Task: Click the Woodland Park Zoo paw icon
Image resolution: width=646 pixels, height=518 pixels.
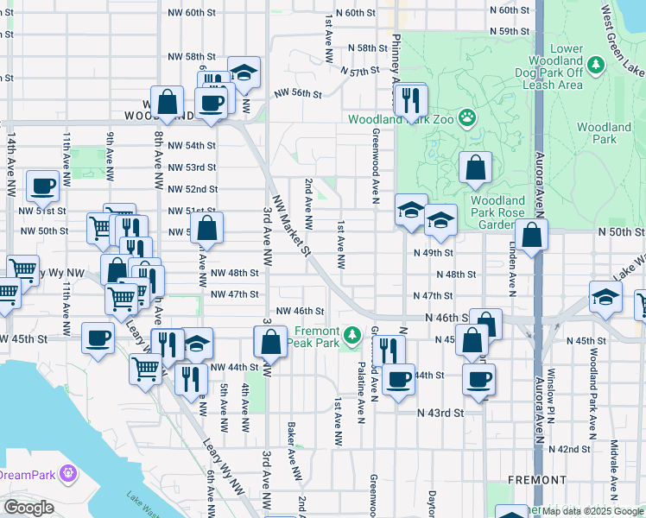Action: (x=467, y=117)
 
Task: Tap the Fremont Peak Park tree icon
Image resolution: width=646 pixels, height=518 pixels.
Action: (x=351, y=333)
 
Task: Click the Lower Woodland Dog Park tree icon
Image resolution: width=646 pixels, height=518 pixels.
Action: (x=595, y=64)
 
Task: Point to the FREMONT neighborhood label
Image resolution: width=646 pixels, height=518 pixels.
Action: (x=536, y=479)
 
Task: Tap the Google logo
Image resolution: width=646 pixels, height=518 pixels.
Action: (x=28, y=508)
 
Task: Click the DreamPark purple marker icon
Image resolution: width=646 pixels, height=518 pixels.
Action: (x=68, y=474)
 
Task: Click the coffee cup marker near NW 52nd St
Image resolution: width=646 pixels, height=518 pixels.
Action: (x=42, y=185)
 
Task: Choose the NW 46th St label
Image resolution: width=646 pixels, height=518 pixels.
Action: (x=300, y=311)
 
